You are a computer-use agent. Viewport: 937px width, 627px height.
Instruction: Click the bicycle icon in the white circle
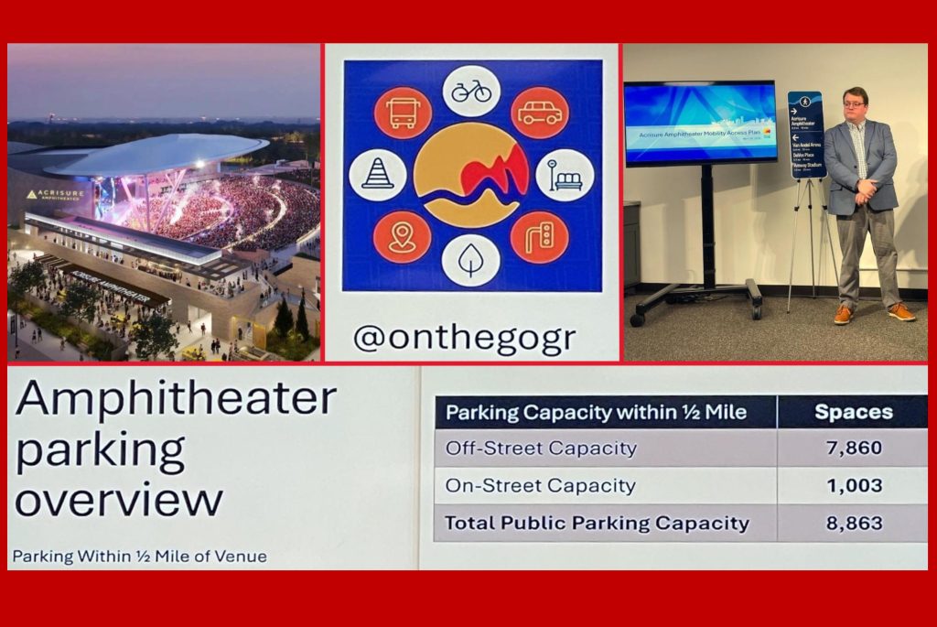[x=471, y=91]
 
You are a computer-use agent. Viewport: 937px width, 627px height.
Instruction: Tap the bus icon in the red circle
[x=403, y=113]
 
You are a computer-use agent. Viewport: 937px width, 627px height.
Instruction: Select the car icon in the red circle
[x=540, y=113]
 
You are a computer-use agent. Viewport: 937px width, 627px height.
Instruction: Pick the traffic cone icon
[x=378, y=175]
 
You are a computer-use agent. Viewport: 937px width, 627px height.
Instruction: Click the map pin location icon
[x=402, y=237]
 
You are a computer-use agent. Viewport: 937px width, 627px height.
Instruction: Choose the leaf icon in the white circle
[x=471, y=260]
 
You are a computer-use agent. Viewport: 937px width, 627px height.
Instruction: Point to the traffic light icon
[x=540, y=237]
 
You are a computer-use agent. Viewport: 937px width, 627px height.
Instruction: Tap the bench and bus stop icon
[x=565, y=175]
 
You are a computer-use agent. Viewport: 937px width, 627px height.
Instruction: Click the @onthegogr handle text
[x=464, y=339]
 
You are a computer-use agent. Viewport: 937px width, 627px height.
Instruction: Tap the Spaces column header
[x=853, y=412]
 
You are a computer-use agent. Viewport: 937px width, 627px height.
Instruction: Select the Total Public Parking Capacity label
[x=597, y=524]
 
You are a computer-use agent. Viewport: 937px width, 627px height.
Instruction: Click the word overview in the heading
[x=119, y=499]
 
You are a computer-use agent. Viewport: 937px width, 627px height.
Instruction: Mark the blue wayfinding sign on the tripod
[x=806, y=135]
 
